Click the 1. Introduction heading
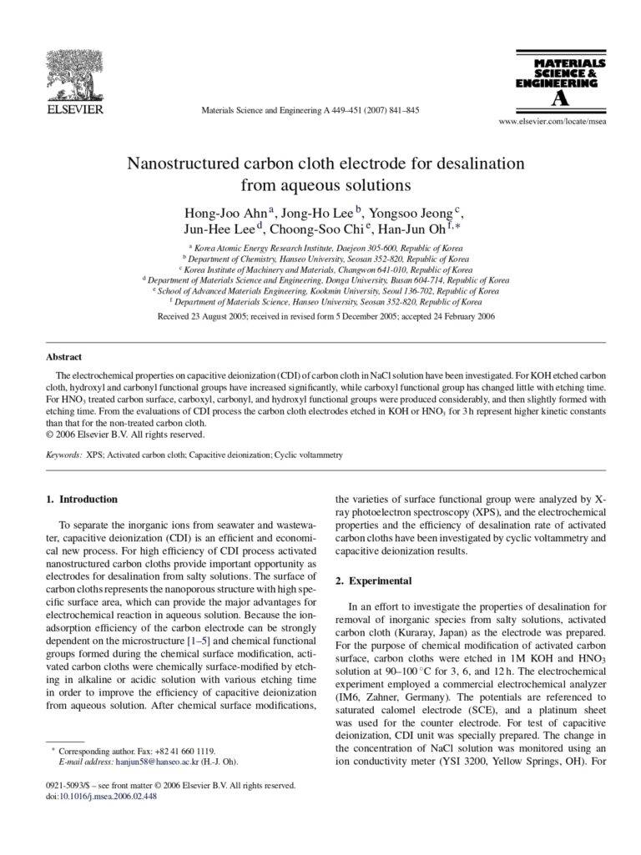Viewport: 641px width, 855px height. [x=81, y=499]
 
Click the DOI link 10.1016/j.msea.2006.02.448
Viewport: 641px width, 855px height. [x=106, y=796]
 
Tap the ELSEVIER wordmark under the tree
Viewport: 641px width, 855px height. [x=74, y=108]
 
